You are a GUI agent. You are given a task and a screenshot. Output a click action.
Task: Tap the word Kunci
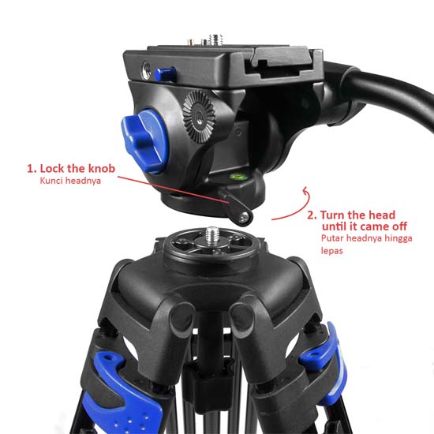(x=52, y=181)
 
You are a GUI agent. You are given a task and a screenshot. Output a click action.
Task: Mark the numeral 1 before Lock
(x=32, y=168)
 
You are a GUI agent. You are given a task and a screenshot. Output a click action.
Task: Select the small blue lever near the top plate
(x=165, y=73)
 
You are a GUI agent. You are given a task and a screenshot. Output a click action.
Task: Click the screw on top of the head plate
(x=215, y=37)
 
